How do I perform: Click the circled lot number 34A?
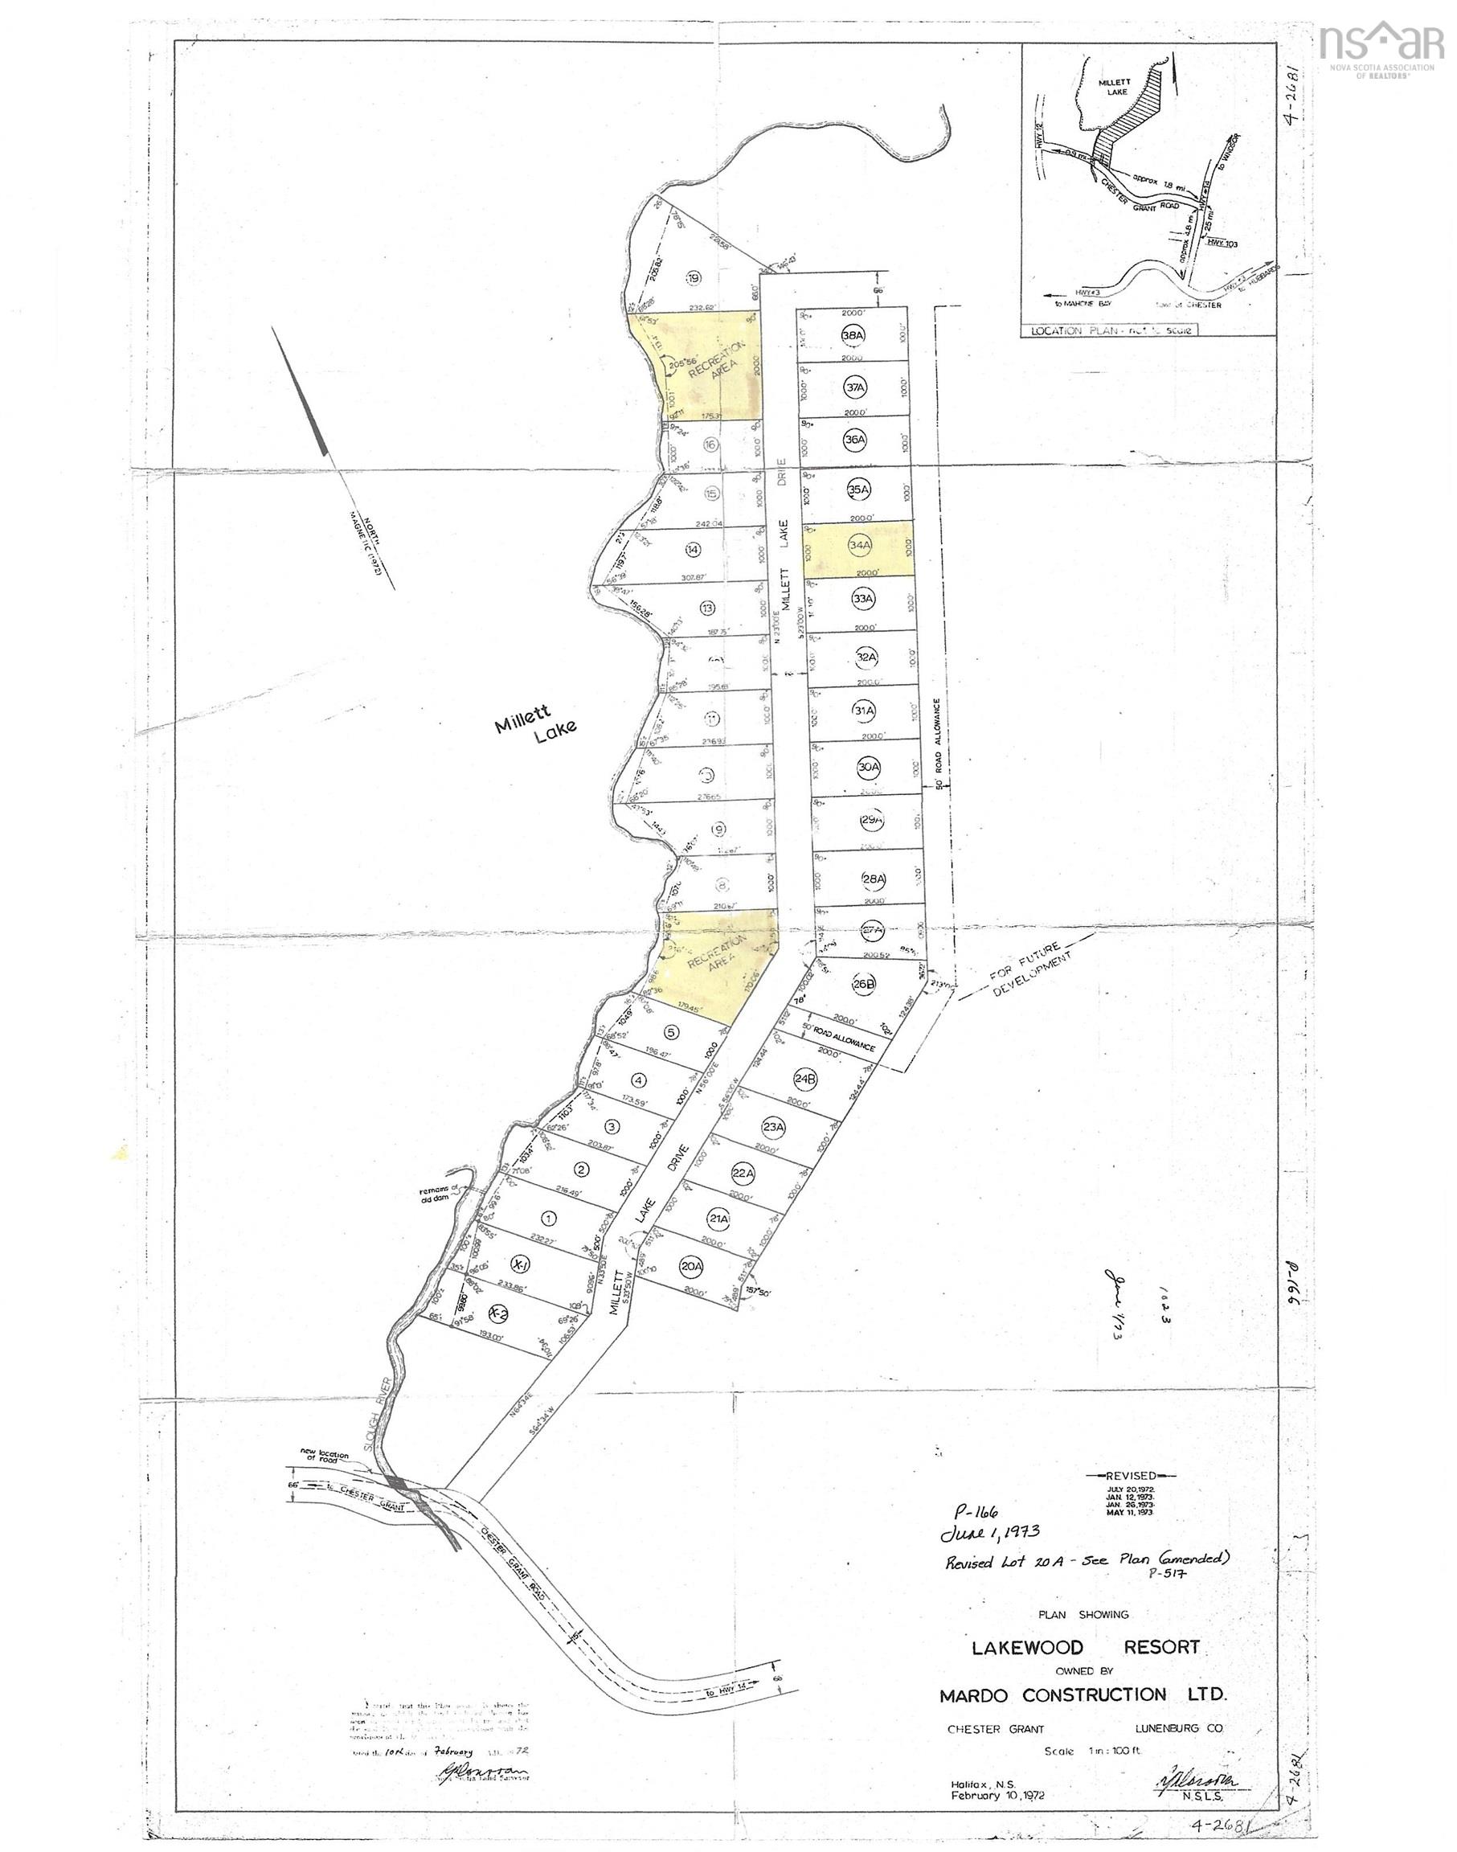[860, 544]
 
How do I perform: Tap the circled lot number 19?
[694, 277]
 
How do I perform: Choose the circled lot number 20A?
[691, 1265]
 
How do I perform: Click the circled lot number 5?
[672, 1032]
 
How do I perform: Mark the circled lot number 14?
[693, 551]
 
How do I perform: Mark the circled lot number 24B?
[805, 1078]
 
